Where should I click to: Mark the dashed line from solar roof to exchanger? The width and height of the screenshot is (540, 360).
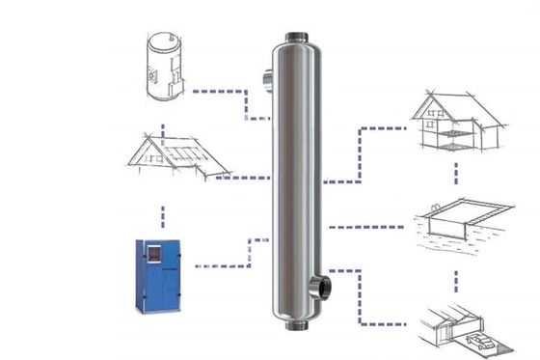[246, 177]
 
